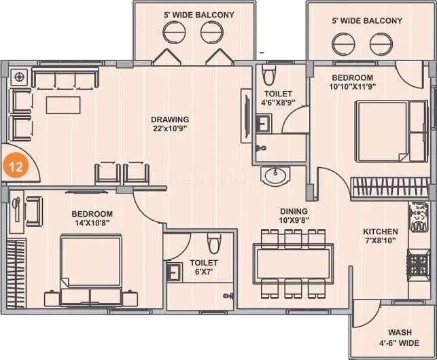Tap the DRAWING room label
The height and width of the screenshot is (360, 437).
coord(169,119)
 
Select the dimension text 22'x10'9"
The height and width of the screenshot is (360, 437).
coord(169,128)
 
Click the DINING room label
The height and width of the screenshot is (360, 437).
coord(293,211)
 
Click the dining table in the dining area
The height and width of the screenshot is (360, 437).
coord(293,262)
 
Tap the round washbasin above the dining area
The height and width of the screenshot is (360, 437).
coord(276,175)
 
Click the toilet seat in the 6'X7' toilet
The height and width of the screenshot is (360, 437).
coord(214,243)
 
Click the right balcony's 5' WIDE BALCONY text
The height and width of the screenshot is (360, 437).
coord(367,21)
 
